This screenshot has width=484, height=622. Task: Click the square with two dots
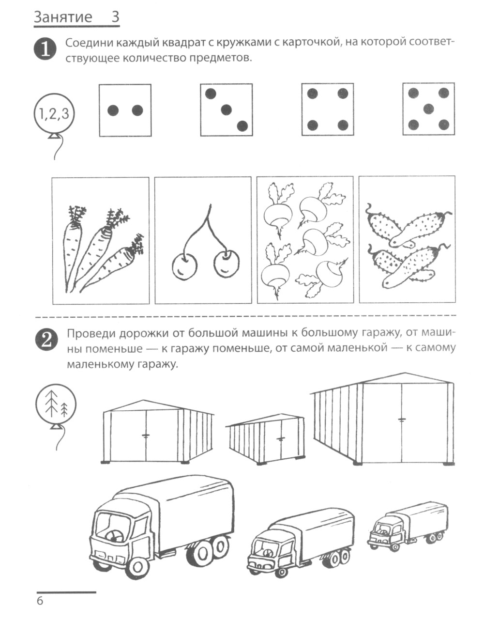[x=125, y=110]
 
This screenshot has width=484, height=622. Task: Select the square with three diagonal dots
[x=226, y=110]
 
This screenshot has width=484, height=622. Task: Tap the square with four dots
[x=328, y=109]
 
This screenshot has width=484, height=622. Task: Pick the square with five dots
[x=428, y=109]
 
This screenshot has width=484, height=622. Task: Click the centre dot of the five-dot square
[x=428, y=109]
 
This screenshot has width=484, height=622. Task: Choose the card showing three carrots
[x=101, y=241]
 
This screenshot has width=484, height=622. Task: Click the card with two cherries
[x=203, y=240]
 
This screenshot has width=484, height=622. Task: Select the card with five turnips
[x=305, y=240]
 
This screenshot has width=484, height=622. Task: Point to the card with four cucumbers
[x=407, y=239]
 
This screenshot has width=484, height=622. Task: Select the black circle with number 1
[x=45, y=49]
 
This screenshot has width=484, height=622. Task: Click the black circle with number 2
[x=46, y=340]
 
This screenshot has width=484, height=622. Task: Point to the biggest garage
[x=382, y=420]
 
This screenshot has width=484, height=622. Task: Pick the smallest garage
[x=266, y=439]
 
